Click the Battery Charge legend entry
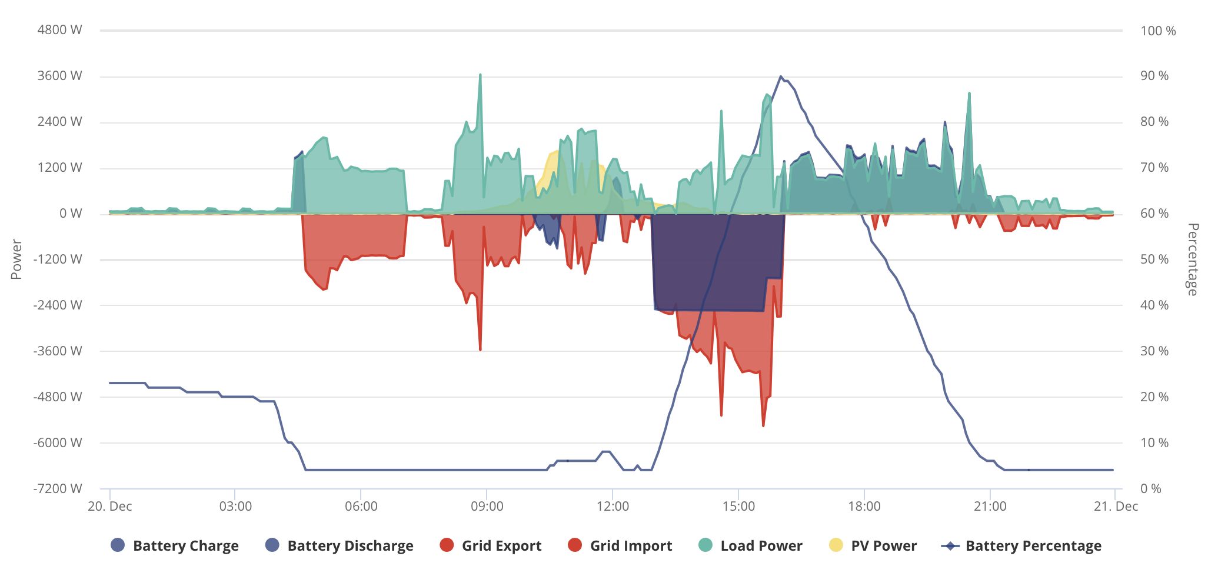tap(175, 545)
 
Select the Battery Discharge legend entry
tap(340, 545)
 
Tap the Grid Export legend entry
tap(491, 545)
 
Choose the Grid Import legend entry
tap(620, 545)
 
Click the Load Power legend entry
tap(750, 545)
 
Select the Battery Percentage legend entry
tap(1021, 545)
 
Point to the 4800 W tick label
tap(59, 30)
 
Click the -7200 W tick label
tap(58, 488)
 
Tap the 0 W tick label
tap(71, 214)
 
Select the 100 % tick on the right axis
tap(1158, 31)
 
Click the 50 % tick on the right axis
tap(1154, 259)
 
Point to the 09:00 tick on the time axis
tap(487, 506)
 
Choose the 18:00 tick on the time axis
tap(864, 506)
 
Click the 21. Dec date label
tap(1116, 506)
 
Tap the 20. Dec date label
tap(110, 506)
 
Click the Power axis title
tap(16, 259)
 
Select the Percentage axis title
tap(1192, 259)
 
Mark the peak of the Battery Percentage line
tap(781, 76)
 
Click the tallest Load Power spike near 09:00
tap(480, 75)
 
